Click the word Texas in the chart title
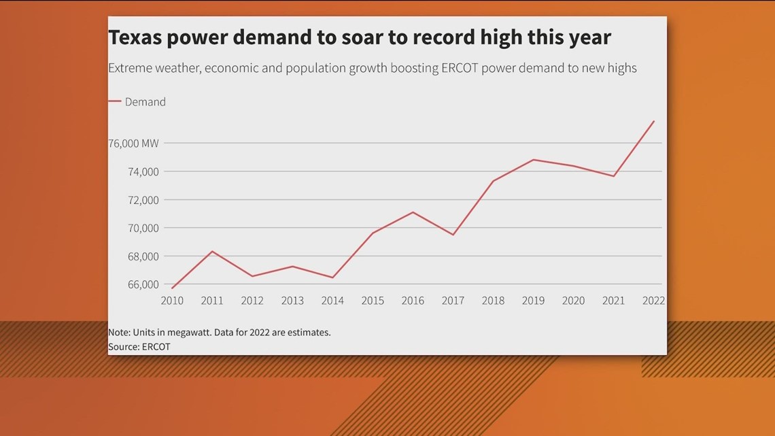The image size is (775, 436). (135, 37)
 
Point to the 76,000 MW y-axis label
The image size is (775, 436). (133, 144)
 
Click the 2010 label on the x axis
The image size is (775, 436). (172, 301)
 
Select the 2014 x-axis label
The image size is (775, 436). (332, 301)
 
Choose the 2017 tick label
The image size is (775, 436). (453, 301)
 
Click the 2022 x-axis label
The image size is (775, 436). (653, 301)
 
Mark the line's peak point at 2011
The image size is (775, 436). (212, 252)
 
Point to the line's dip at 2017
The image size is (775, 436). (453, 235)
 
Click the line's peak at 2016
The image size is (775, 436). (413, 212)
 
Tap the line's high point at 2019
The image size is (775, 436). (533, 160)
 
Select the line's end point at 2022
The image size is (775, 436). (653, 121)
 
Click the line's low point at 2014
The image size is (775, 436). (332, 278)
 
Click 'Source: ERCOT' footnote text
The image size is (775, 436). (139, 347)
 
